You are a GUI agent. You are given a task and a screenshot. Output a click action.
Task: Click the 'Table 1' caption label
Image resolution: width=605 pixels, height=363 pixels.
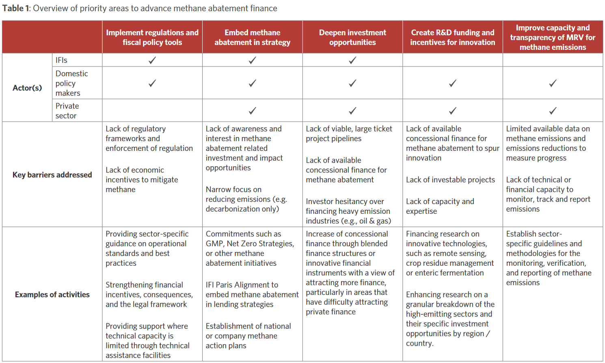pos(16,9)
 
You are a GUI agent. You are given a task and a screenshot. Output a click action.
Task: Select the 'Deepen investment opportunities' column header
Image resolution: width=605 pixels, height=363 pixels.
pos(352,37)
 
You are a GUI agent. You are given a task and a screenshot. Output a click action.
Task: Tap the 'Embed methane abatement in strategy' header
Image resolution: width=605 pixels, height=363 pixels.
pos(252,37)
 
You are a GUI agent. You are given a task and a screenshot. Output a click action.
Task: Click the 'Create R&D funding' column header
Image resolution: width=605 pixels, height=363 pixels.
pos(453,37)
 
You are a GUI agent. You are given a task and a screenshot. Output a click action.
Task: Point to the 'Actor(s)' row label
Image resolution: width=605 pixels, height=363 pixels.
pos(27,88)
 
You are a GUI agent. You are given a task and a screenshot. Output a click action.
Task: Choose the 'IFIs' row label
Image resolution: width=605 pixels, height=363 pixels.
pos(61,60)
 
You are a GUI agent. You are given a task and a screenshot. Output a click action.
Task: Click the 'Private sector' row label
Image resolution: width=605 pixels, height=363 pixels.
pos(67,111)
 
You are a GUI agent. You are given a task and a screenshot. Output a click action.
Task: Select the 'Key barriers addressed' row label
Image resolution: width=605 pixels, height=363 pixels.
pos(52,175)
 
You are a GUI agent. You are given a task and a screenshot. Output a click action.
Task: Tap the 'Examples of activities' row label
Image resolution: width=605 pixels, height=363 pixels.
pos(52,294)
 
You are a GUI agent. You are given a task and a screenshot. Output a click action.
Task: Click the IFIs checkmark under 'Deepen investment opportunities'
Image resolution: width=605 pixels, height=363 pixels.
pos(352,60)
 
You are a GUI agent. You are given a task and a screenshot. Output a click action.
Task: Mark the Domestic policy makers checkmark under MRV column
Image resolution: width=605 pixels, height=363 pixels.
pos(553,83)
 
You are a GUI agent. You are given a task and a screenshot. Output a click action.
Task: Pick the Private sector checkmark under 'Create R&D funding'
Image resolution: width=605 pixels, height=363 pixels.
pos(453,111)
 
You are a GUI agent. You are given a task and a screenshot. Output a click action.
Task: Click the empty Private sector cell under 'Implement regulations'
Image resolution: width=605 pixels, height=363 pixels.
pos(152,110)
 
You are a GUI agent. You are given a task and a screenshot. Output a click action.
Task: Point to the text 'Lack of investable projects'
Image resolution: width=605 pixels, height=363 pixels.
pos(451,180)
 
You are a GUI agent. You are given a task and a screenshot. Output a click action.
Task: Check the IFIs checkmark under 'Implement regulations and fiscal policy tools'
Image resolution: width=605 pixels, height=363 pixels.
pos(152,60)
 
